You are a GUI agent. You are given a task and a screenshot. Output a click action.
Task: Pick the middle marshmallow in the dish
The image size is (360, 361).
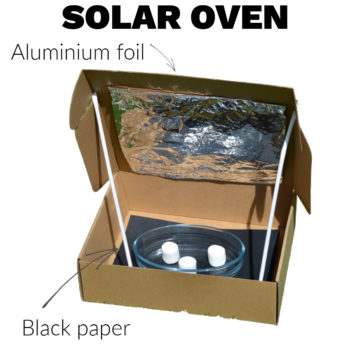(187, 263)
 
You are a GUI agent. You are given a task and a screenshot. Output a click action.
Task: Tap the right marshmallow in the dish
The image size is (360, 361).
(215, 255)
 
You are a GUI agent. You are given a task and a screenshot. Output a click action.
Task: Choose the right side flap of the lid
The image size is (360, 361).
(300, 170)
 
